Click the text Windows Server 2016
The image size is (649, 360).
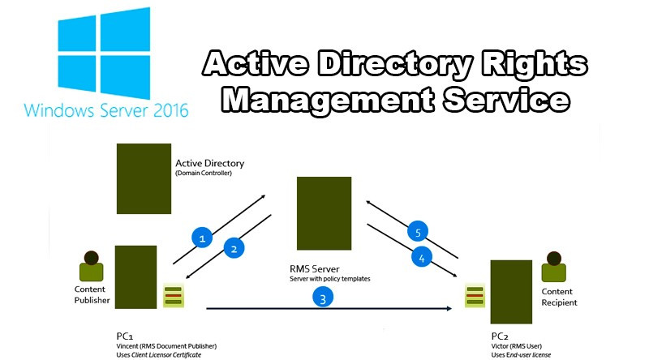tap(105, 109)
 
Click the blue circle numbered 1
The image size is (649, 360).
tap(203, 237)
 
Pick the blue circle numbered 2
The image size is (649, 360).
tap(234, 249)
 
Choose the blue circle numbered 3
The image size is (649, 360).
tap(323, 298)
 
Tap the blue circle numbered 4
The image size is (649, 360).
tap(419, 259)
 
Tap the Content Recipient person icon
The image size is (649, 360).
tap(555, 264)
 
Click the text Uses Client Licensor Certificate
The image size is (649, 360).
tap(159, 354)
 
